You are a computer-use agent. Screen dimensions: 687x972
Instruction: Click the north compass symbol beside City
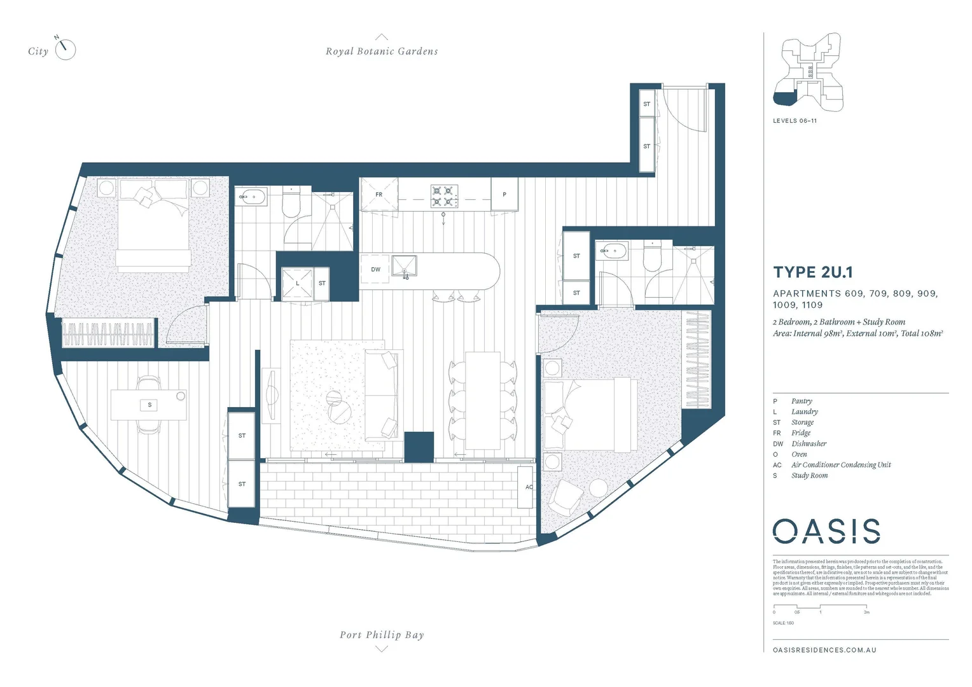tap(65, 50)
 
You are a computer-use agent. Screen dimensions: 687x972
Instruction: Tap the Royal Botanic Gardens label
tap(382, 52)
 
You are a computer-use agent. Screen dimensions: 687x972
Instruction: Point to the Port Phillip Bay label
tap(382, 634)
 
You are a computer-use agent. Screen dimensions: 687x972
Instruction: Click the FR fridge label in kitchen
tap(378, 195)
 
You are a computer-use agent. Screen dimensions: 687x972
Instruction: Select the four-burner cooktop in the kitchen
tap(445, 196)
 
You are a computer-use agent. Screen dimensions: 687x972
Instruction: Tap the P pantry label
tap(504, 195)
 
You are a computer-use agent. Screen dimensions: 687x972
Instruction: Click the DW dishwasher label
tap(375, 270)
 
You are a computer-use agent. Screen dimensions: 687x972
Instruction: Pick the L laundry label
tap(297, 283)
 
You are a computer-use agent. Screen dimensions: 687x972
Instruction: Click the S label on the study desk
tap(149, 405)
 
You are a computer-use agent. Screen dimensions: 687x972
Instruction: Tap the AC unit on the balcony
tap(526, 487)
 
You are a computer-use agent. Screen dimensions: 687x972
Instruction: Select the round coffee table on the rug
tap(339, 407)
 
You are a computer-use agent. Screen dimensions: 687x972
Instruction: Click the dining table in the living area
tap(482, 401)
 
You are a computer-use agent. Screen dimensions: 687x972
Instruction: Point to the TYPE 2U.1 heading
tap(812, 272)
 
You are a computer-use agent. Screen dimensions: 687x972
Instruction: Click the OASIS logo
tap(826, 531)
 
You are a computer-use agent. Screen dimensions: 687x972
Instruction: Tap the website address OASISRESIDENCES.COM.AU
tap(824, 650)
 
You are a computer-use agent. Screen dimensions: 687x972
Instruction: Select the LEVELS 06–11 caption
tap(795, 121)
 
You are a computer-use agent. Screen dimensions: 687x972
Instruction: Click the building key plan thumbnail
tap(807, 69)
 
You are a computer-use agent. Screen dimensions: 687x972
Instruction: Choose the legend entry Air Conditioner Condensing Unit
tap(840, 465)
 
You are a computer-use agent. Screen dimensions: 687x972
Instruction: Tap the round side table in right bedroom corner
tap(599, 488)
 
